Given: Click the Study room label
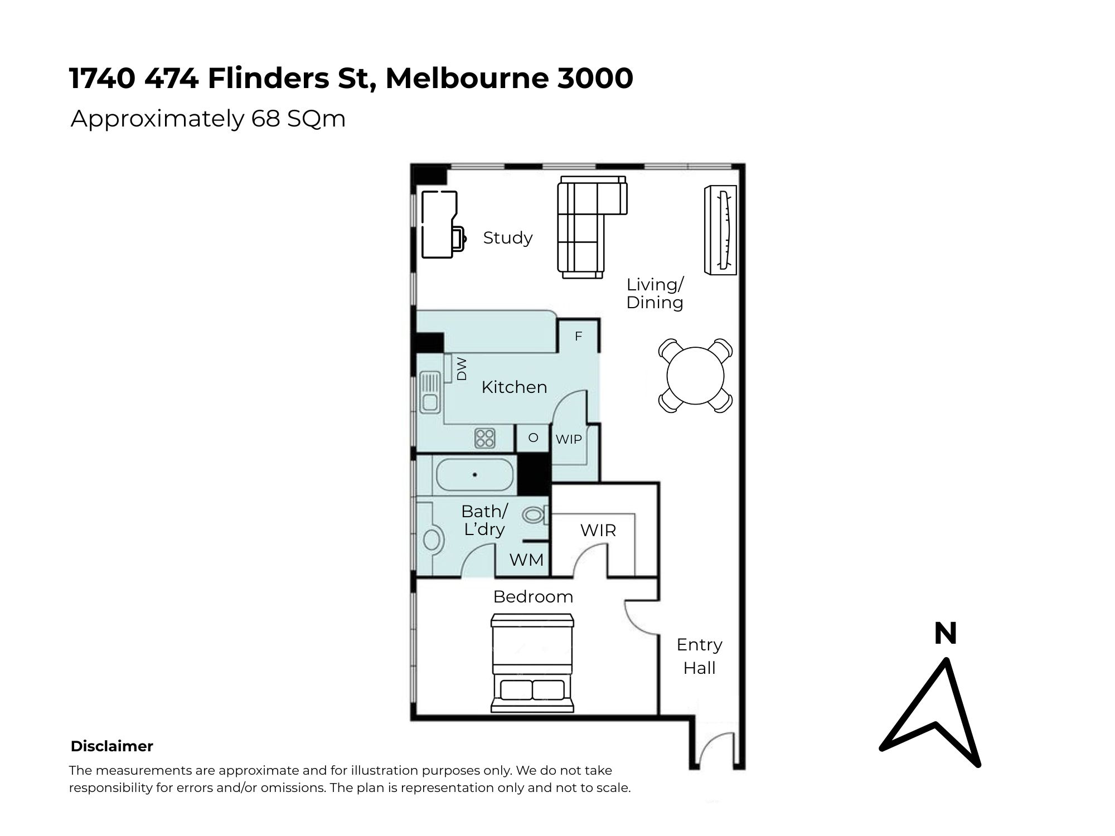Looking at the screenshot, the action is point(507,238).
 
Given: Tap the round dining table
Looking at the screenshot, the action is point(695,376).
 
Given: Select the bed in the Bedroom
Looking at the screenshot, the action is point(532,663).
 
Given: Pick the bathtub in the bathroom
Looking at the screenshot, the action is point(474,475).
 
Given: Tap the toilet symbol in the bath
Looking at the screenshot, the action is point(535,514).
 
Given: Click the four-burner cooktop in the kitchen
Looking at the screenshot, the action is point(484,438).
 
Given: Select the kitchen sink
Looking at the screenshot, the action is point(430,392).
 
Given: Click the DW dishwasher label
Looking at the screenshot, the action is point(461,369).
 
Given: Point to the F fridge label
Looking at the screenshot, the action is point(578,336).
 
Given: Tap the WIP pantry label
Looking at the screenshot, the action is point(569,439).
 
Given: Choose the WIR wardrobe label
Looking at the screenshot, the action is point(598,530).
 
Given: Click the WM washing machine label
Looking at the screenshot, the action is point(526,560).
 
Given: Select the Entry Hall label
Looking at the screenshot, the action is point(699,656).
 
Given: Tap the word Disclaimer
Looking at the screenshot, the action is point(111,746).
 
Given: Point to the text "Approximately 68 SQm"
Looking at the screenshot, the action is point(208,119).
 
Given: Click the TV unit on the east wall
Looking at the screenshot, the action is point(720,230).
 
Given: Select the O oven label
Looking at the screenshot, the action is point(534,438).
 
